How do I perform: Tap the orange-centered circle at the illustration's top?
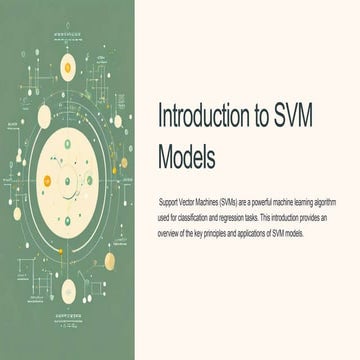coord(68,67)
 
